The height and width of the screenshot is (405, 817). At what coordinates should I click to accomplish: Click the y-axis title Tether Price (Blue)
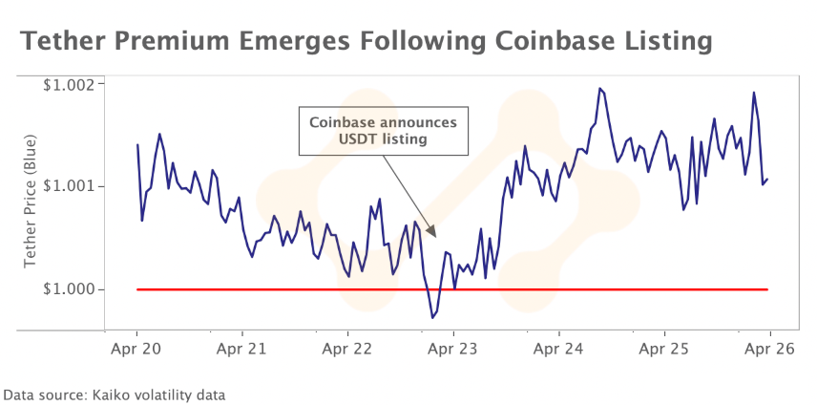[29, 205]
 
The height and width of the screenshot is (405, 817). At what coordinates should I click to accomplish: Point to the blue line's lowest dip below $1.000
[432, 316]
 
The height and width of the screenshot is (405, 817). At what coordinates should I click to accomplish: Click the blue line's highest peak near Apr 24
[599, 89]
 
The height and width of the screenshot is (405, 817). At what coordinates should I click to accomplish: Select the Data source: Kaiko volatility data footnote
[115, 393]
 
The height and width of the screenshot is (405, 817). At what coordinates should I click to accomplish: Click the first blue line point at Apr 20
[137, 145]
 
